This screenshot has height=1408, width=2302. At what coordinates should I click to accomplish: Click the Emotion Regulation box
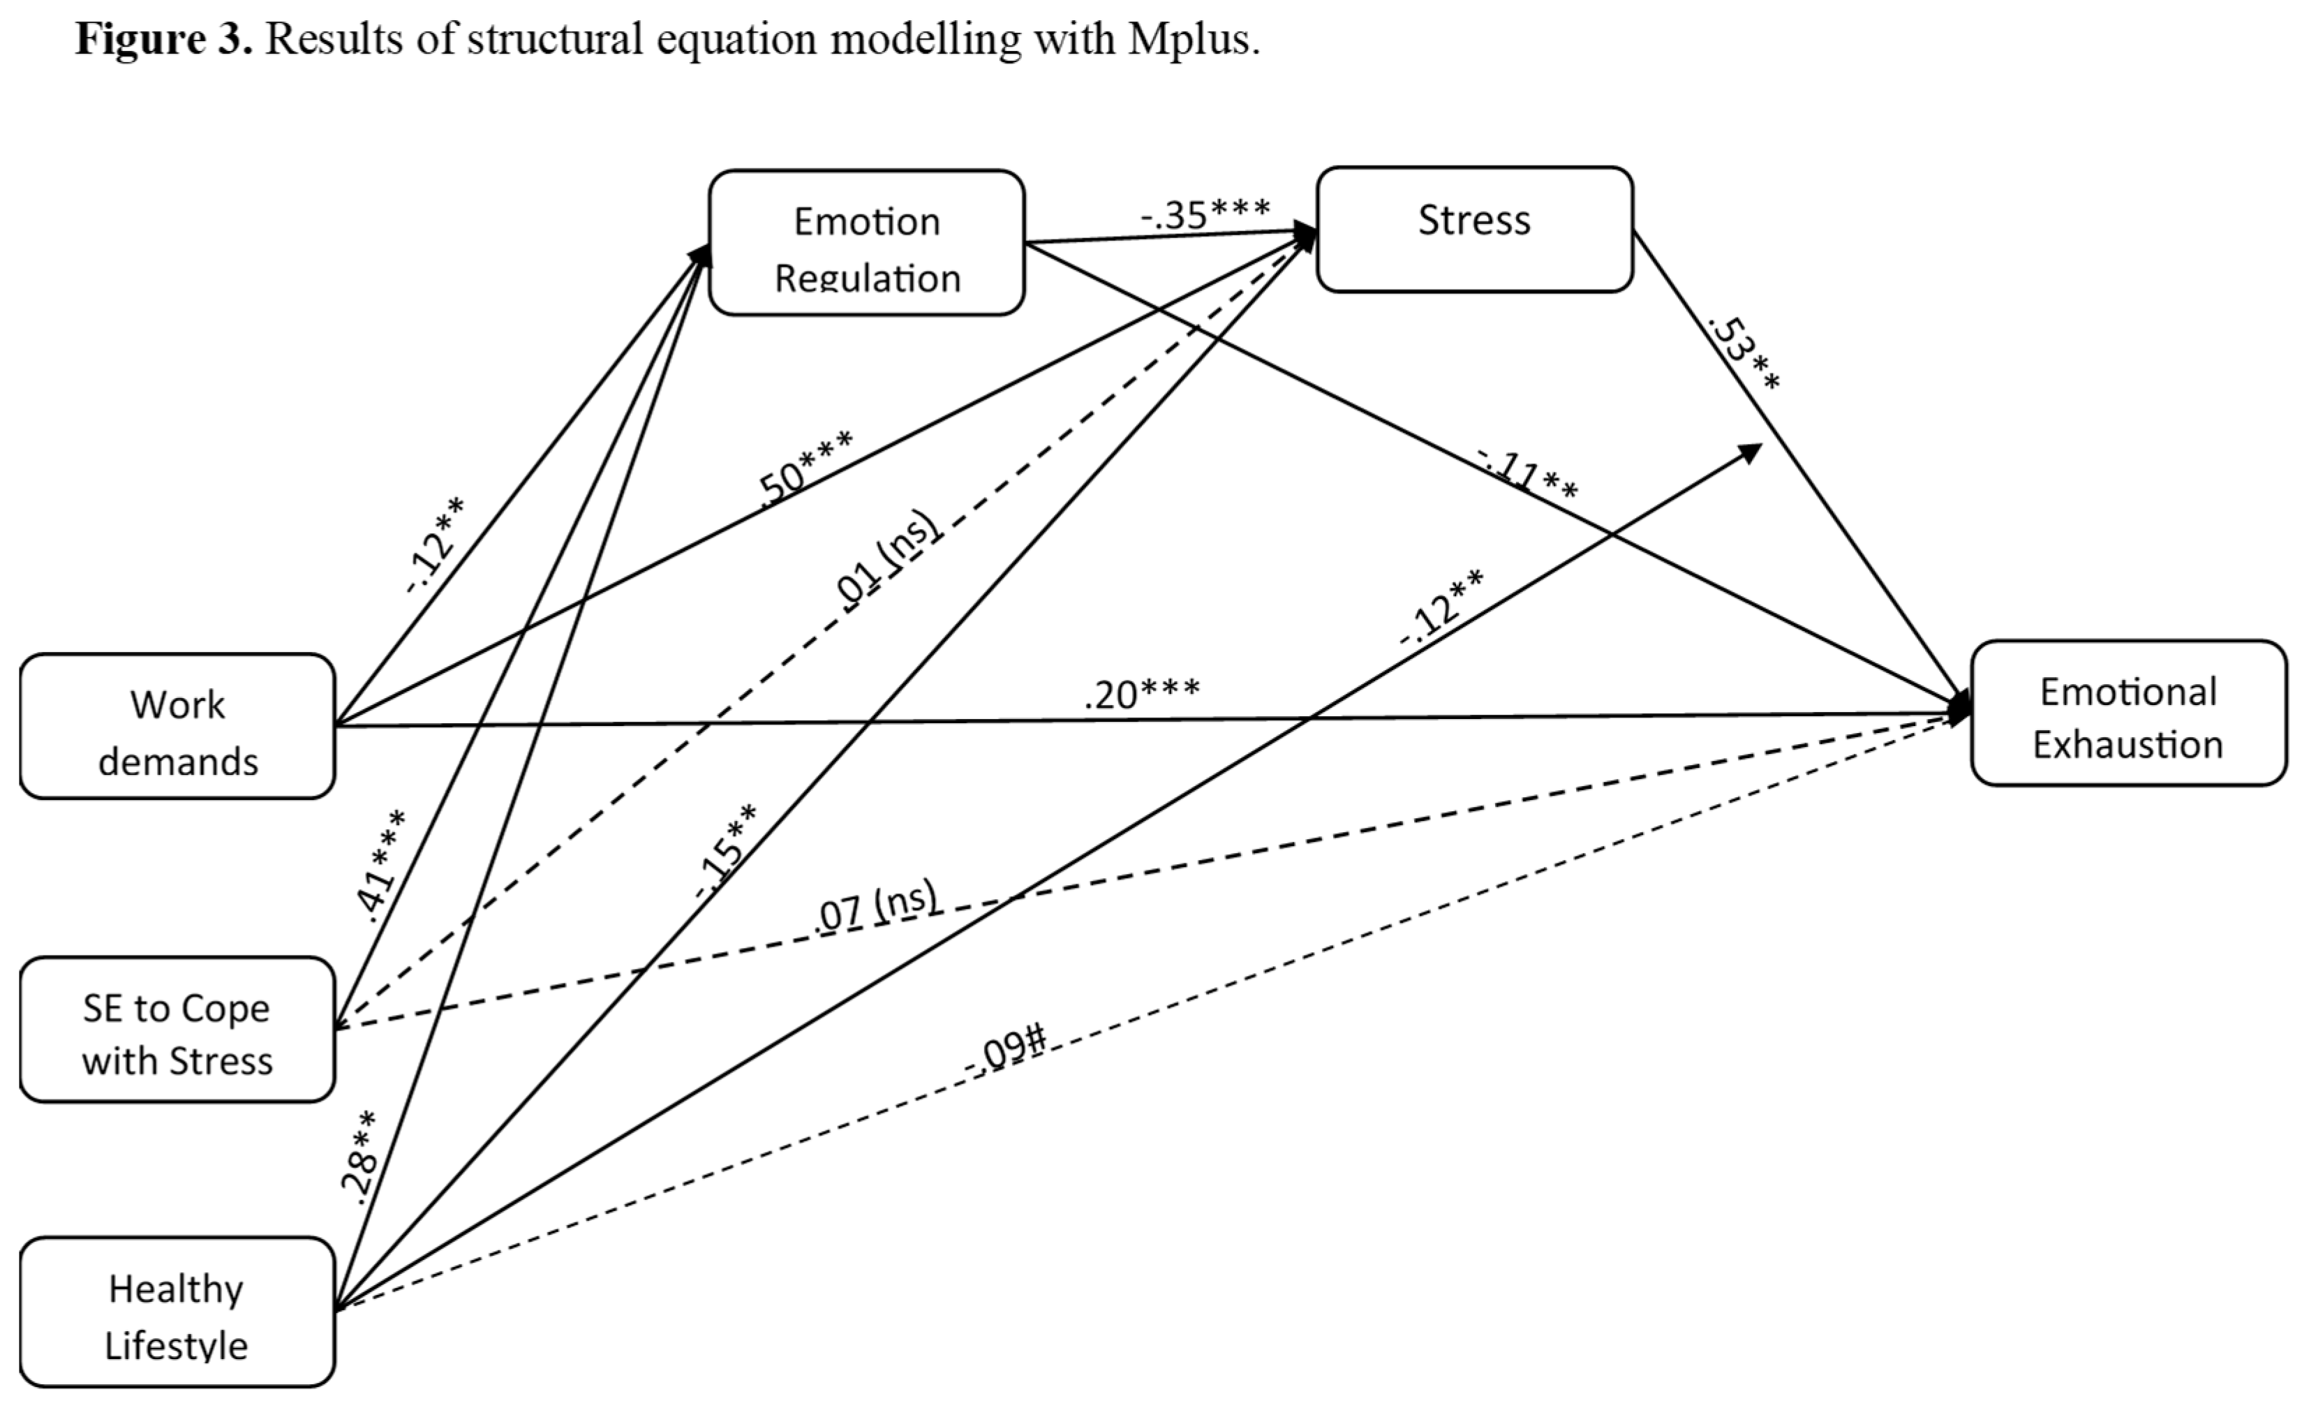(x=866, y=243)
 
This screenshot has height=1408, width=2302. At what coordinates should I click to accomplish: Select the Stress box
(x=1474, y=230)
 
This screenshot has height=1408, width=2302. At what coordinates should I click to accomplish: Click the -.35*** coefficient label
(x=1205, y=214)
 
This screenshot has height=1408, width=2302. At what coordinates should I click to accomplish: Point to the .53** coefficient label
(x=1744, y=355)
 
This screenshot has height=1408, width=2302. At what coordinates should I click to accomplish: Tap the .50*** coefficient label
(x=805, y=467)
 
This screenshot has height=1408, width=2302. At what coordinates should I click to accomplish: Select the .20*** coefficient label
(x=1142, y=694)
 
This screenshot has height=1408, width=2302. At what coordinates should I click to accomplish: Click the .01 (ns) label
(x=886, y=561)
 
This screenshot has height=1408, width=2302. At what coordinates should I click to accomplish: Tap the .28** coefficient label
(x=359, y=1155)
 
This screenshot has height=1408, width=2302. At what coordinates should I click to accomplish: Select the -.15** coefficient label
(x=727, y=850)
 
